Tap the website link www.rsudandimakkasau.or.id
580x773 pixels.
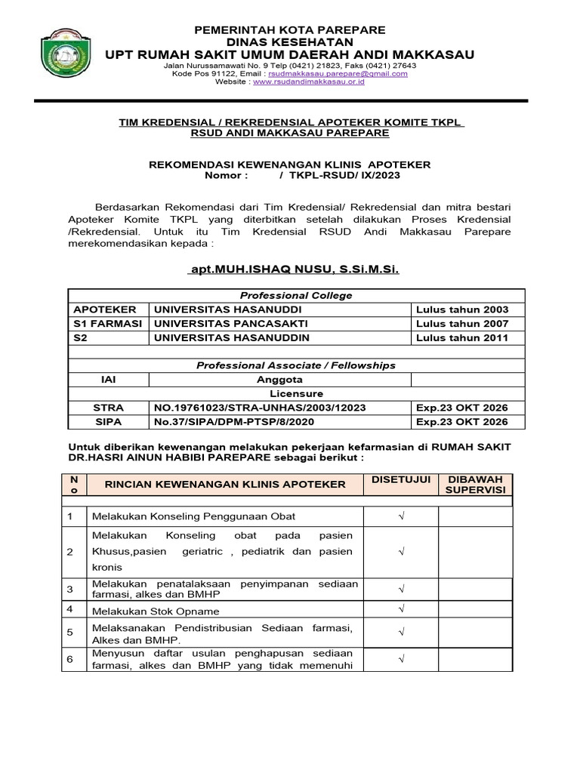(309, 82)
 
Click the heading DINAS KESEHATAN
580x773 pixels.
(290, 42)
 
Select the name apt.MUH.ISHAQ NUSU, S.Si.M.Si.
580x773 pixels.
(293, 269)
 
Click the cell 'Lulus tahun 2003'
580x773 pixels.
(462, 309)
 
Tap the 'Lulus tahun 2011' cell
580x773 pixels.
(462, 337)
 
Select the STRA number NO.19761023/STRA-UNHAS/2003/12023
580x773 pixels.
(260, 408)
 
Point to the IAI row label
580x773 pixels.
(108, 380)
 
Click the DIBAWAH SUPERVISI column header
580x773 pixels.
(476, 485)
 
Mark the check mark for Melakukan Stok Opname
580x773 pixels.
(401, 609)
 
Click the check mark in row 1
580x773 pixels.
(401, 516)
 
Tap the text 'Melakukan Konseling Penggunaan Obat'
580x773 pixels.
(193, 516)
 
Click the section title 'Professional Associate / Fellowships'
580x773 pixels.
(295, 365)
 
